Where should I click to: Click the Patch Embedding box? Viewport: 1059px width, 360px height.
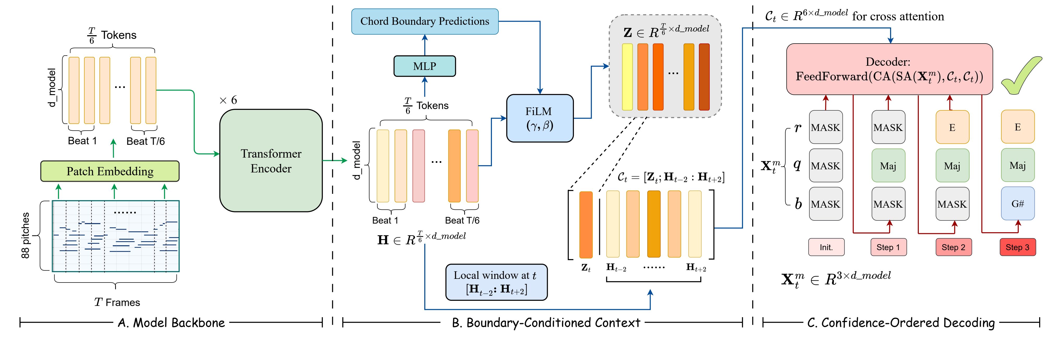110,171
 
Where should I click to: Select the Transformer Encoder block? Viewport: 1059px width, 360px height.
271,161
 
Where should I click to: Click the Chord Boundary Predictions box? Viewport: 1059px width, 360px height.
425,21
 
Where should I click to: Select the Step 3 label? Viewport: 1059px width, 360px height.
1017,247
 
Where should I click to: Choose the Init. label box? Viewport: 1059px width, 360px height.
826,247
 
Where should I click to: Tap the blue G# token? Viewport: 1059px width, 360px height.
1017,204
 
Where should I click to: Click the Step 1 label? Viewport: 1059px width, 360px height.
888,247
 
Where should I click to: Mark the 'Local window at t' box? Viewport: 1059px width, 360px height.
496,282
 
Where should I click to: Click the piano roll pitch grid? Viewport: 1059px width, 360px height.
115,236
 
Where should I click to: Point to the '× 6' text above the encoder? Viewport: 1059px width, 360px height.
228,100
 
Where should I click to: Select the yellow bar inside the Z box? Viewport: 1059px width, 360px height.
627,77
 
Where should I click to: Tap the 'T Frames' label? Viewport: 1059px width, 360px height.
117,302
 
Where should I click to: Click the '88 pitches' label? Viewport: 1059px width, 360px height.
26,236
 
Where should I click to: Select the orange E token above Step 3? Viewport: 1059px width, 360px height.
1017,127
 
